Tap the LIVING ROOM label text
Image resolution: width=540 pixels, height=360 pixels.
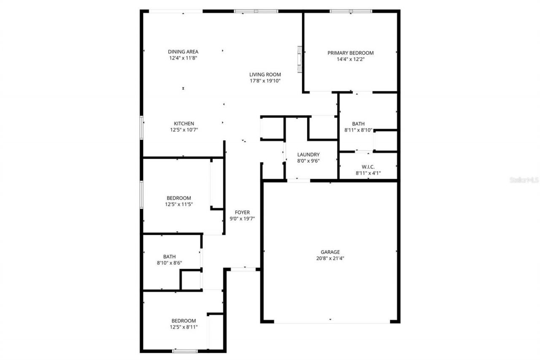(265, 75)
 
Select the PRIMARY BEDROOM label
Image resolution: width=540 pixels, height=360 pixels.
(351, 53)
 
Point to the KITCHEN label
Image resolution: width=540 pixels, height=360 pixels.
(184, 124)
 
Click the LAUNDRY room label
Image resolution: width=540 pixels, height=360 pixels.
(308, 155)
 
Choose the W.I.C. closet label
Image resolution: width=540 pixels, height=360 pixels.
(368, 167)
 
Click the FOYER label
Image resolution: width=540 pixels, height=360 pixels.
(242, 213)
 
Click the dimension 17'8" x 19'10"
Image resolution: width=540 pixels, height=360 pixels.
(265, 81)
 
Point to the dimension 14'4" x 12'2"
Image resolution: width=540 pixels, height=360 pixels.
(351, 60)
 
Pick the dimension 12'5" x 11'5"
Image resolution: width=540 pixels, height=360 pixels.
(179, 204)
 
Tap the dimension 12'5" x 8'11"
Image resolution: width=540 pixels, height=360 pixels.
(184, 327)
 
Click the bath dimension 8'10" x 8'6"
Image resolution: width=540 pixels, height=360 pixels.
(170, 263)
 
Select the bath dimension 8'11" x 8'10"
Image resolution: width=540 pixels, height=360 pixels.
(358, 130)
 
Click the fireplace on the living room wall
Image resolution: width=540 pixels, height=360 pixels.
(300, 59)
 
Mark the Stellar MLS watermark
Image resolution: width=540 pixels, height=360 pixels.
(524, 180)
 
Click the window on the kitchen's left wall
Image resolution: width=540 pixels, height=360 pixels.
(142, 127)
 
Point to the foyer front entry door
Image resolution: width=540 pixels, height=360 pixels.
(243, 269)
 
